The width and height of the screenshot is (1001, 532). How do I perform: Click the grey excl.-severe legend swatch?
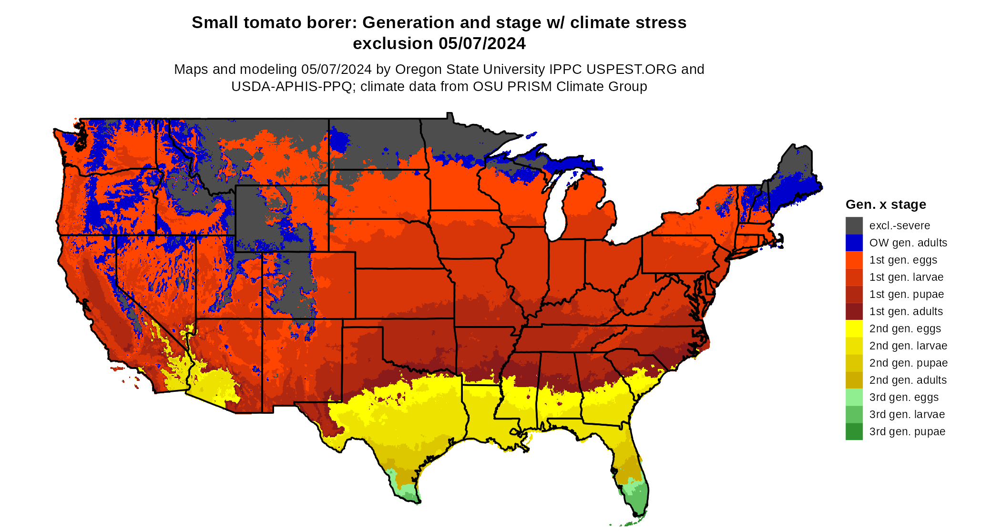pyautogui.click(x=854, y=225)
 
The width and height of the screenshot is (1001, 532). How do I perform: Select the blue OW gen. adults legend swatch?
pyautogui.click(x=854, y=243)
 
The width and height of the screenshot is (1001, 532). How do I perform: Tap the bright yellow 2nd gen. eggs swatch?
pyautogui.click(x=854, y=328)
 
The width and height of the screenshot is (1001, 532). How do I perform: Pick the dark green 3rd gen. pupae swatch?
pyautogui.click(x=854, y=431)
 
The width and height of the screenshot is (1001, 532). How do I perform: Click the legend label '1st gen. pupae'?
pyautogui.click(x=906, y=294)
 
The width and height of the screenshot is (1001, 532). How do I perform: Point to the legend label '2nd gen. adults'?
pyautogui.click(x=908, y=380)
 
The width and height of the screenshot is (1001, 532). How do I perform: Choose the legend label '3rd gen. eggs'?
pyautogui.click(x=904, y=397)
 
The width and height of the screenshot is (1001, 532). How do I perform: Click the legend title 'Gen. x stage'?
pyautogui.click(x=886, y=205)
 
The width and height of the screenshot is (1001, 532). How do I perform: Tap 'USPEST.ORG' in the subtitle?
pyautogui.click(x=632, y=70)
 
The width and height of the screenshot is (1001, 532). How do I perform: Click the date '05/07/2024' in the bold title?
pyautogui.click(x=482, y=43)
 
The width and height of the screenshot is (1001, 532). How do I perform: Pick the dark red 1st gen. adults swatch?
pyautogui.click(x=854, y=311)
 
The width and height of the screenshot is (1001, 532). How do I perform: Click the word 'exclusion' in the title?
pyautogui.click(x=393, y=43)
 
